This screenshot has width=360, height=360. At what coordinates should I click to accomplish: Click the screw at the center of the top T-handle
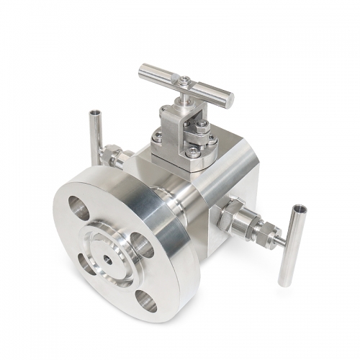(x=186, y=81)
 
